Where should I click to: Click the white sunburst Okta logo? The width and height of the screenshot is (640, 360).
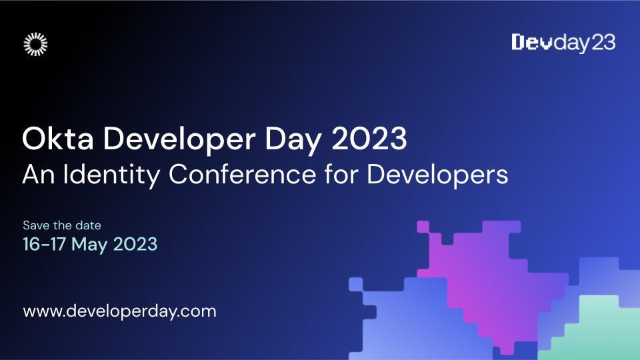click(x=35, y=43)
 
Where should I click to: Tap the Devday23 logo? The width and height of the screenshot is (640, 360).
click(x=563, y=43)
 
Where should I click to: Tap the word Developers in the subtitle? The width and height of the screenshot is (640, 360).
click(x=438, y=175)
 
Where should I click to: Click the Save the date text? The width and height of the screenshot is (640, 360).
click(x=62, y=225)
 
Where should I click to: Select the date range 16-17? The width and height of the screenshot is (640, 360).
click(x=44, y=244)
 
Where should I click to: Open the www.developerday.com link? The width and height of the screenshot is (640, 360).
click(x=120, y=311)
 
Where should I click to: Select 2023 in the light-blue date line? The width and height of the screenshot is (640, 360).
click(x=135, y=244)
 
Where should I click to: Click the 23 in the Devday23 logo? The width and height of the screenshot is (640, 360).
click(x=603, y=43)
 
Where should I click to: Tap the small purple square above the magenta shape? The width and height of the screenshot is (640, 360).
click(x=423, y=227)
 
